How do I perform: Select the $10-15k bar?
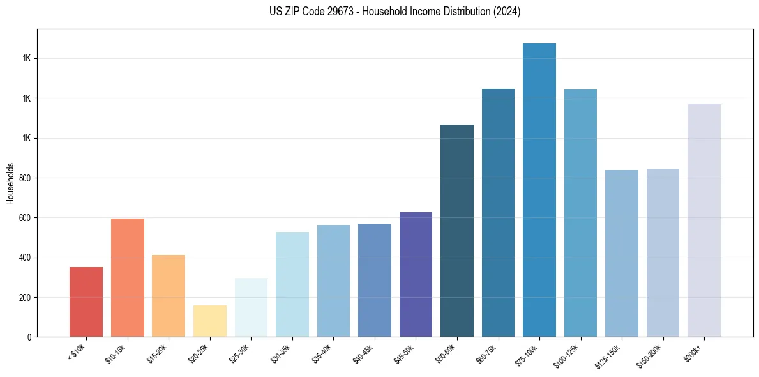[x=128, y=277]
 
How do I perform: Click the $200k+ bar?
[x=704, y=220]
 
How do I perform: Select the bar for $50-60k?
[x=457, y=231]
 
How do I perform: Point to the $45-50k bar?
[x=416, y=274]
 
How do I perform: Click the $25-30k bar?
[x=251, y=307]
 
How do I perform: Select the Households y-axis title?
[x=10, y=183]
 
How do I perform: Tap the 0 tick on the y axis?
[x=30, y=337]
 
